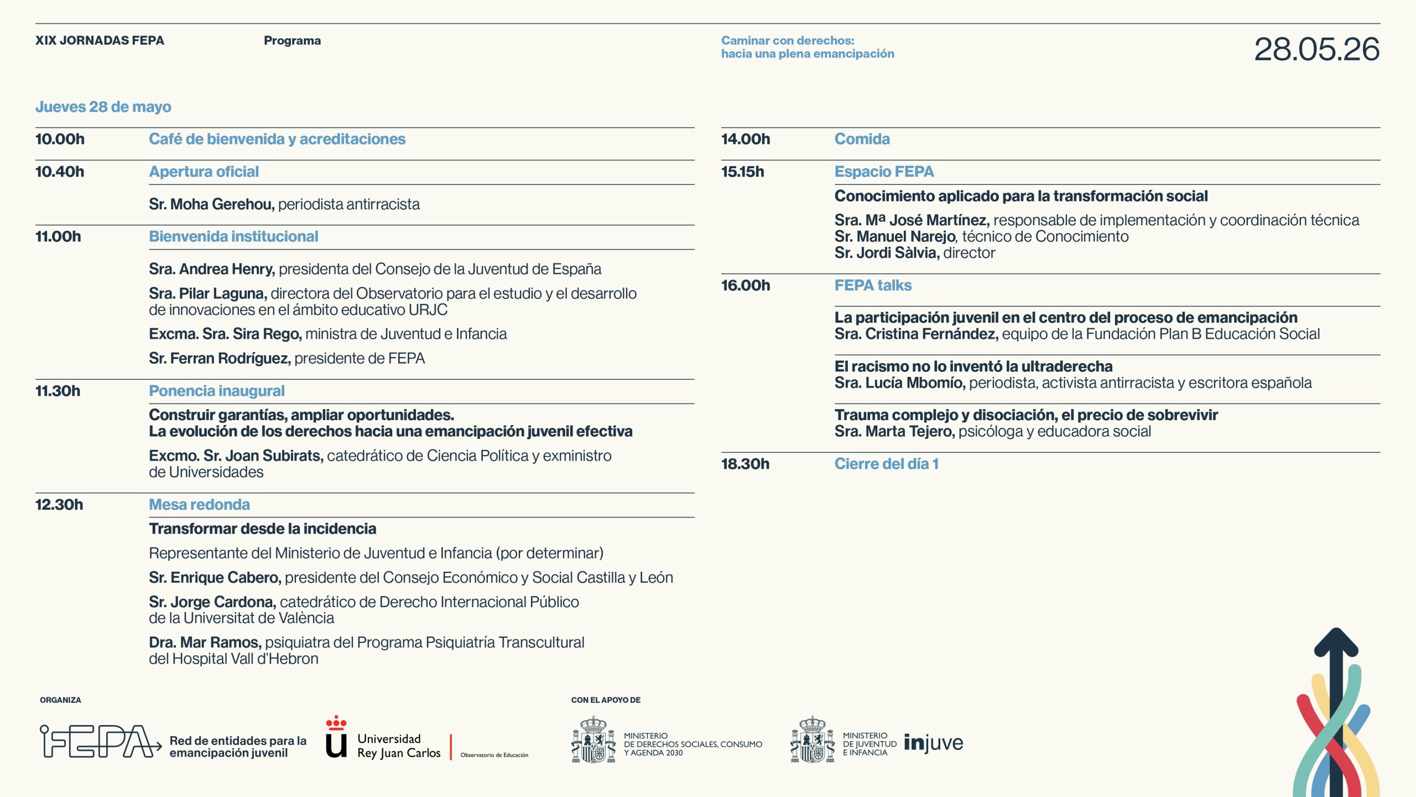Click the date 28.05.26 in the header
(x=1316, y=49)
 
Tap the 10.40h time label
(x=60, y=172)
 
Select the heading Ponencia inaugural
(x=216, y=391)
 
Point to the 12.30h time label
(x=59, y=505)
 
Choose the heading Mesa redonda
(x=199, y=505)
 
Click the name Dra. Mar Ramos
(x=205, y=643)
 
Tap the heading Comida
(x=862, y=139)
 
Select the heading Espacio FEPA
(x=884, y=172)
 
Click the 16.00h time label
(x=745, y=286)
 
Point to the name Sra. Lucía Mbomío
(x=900, y=383)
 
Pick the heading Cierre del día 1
(x=886, y=464)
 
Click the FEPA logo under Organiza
(x=100, y=742)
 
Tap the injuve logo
(x=933, y=743)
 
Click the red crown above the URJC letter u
(x=336, y=723)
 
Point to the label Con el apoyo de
(x=606, y=700)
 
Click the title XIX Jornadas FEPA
(x=100, y=40)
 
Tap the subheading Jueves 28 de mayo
(x=103, y=107)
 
